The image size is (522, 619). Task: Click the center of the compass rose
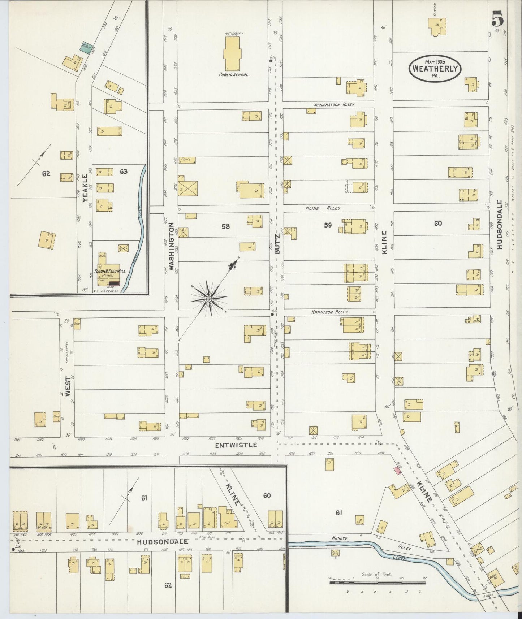209,299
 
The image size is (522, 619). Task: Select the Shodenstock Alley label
334,104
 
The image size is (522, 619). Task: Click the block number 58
225,226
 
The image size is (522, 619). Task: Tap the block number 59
327,225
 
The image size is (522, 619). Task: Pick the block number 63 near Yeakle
124,172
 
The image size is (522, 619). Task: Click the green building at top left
85,48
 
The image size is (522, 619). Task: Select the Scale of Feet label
377,575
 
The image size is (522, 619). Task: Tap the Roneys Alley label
340,538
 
